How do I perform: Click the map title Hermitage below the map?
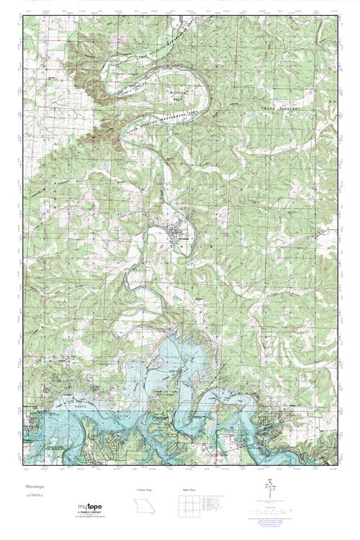[35, 488]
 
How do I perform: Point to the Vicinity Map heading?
[144, 489]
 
